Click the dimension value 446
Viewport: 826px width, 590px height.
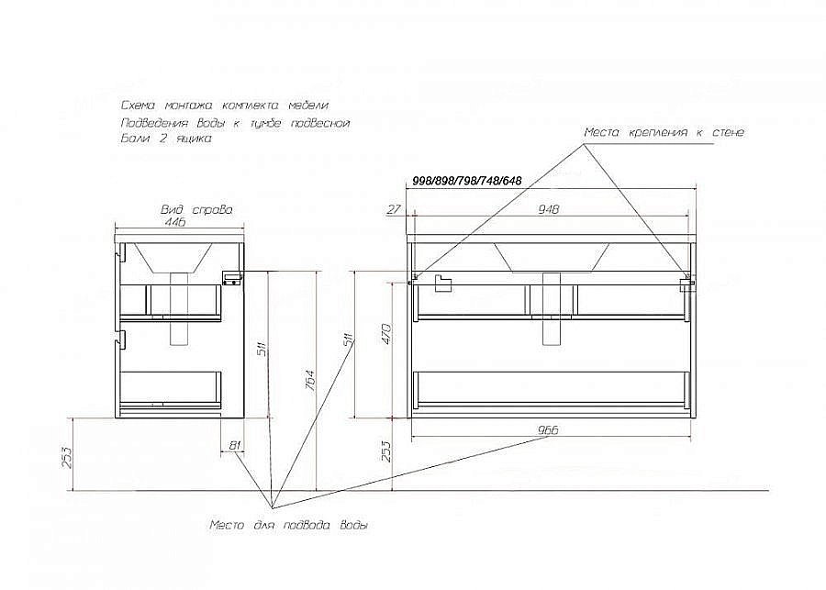tap(175, 222)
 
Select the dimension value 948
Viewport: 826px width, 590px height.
tap(549, 209)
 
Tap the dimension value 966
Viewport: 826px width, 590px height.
tap(548, 430)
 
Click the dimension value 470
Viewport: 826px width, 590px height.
tap(386, 333)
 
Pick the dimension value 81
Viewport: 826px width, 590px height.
tap(235, 446)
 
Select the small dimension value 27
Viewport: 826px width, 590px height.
tap(394, 209)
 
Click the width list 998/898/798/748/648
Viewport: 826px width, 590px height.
tap(467, 181)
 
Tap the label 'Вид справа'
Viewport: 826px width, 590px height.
tap(197, 209)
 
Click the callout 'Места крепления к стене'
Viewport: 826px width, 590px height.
tap(664, 132)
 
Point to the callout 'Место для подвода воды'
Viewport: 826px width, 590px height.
tap(289, 525)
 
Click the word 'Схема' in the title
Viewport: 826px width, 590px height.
tap(138, 106)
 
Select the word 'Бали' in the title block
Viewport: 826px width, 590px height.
tap(134, 139)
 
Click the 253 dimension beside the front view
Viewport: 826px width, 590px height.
tap(386, 451)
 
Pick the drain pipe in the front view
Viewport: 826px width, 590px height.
tap(553, 308)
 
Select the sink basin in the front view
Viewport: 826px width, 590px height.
tap(552, 258)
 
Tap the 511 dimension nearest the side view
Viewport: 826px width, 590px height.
tap(262, 346)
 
